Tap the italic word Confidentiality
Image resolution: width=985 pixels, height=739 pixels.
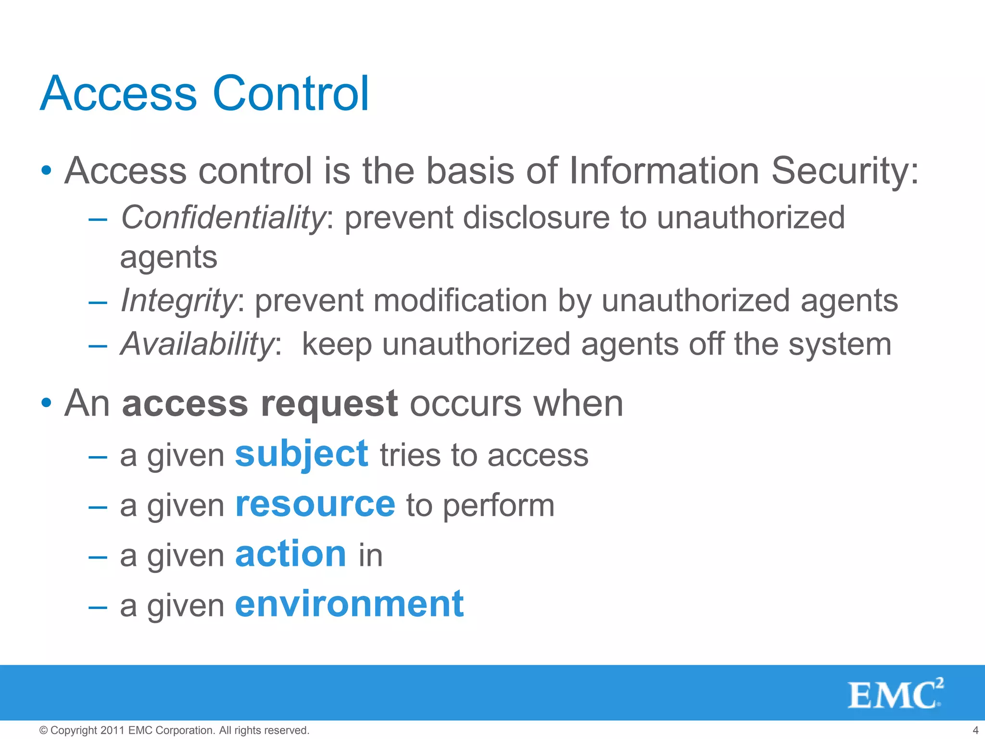223,217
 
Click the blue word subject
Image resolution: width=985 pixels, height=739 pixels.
302,455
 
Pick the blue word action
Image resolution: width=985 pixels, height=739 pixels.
290,554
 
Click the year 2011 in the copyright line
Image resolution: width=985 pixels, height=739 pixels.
113,730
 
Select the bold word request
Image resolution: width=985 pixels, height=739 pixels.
329,404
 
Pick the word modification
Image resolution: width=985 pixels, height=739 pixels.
460,301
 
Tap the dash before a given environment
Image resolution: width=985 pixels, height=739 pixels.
98,606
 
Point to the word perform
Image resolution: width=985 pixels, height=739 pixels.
498,506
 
